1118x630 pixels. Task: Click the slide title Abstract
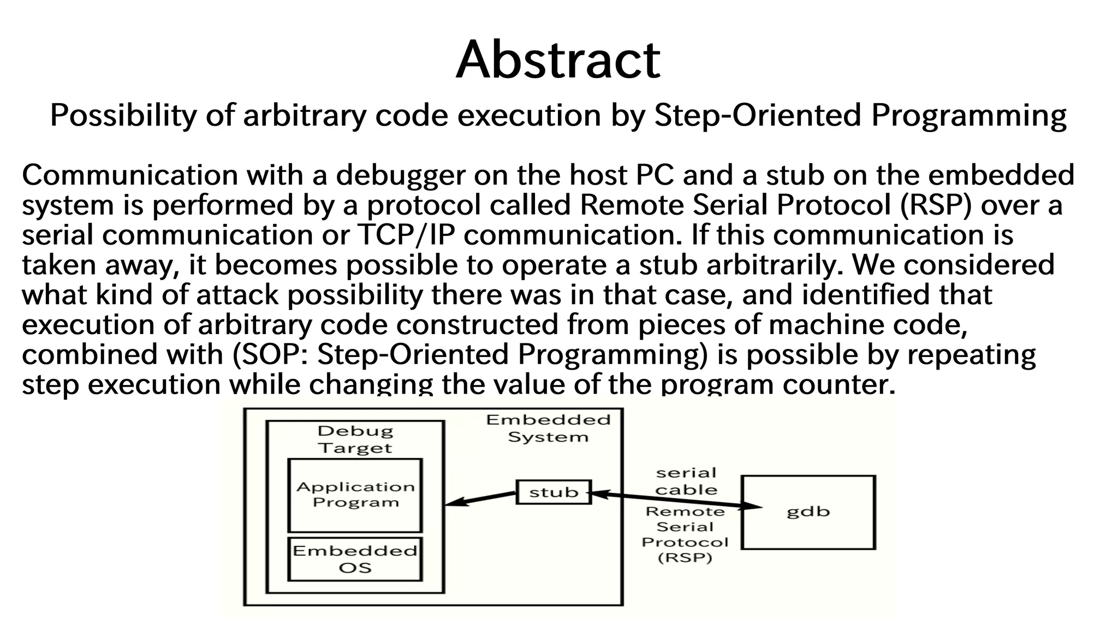point(558,60)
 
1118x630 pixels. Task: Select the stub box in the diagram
point(554,492)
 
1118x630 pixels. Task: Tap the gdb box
point(808,512)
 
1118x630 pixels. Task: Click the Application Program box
point(355,495)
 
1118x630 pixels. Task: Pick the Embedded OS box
point(355,559)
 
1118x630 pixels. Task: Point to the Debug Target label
point(355,439)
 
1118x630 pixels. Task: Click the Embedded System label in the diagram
point(548,428)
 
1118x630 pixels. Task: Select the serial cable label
point(686,481)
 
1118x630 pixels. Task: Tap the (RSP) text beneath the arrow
point(685,558)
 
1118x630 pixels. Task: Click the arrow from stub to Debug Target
point(480,499)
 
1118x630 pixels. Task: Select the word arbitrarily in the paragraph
point(775,265)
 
